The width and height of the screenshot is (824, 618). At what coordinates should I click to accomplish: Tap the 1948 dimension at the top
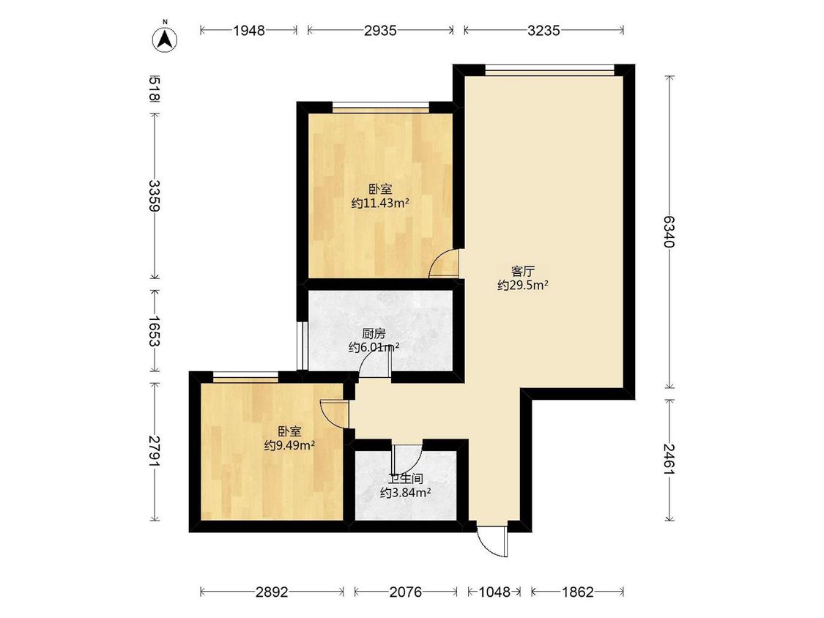(x=249, y=31)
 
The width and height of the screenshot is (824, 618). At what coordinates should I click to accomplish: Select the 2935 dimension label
(x=380, y=31)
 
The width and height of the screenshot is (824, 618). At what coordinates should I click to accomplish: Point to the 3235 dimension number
(x=544, y=31)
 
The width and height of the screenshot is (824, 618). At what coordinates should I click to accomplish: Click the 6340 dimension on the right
(x=669, y=231)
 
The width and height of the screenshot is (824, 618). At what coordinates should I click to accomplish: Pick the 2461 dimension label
(x=669, y=459)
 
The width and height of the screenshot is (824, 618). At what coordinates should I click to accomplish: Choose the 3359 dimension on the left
(x=155, y=196)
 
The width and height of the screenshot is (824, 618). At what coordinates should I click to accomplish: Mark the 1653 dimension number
(x=155, y=331)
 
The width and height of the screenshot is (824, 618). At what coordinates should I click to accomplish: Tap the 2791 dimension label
(x=155, y=451)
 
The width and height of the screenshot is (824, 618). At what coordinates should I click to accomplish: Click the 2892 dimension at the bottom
(x=272, y=592)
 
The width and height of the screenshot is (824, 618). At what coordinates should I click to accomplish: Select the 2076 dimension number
(x=405, y=592)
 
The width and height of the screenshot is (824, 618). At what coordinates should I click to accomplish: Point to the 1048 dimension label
(x=494, y=592)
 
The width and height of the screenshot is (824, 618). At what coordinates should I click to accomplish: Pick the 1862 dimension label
(x=578, y=592)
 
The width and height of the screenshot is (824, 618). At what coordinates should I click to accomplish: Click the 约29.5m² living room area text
(x=523, y=286)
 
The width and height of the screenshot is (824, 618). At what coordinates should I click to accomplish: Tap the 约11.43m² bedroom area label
(x=380, y=204)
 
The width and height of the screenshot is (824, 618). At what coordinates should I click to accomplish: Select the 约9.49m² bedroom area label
(x=289, y=446)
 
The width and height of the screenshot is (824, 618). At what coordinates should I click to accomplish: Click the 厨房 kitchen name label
(x=374, y=334)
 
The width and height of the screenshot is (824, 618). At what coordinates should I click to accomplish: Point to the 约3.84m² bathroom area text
(x=406, y=493)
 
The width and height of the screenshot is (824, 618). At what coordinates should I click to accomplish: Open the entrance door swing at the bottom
(x=493, y=539)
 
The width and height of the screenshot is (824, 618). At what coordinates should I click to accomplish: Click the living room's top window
(x=549, y=69)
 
